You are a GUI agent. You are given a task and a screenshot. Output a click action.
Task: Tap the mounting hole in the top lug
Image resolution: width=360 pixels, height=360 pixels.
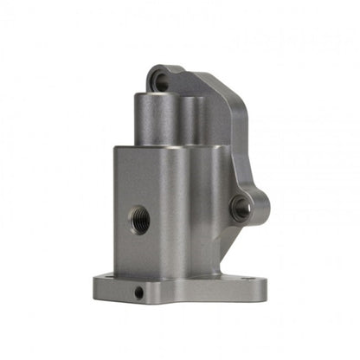(161, 81)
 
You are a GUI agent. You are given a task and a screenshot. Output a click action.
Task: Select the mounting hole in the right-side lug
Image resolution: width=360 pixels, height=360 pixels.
(241, 207)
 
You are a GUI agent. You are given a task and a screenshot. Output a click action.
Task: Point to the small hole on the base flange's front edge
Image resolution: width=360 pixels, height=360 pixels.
(138, 292)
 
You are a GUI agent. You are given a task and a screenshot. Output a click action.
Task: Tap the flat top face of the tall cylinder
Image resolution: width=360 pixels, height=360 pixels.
(157, 97)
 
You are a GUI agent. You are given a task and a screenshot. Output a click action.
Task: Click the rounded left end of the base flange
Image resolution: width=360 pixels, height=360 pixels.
(98, 284)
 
